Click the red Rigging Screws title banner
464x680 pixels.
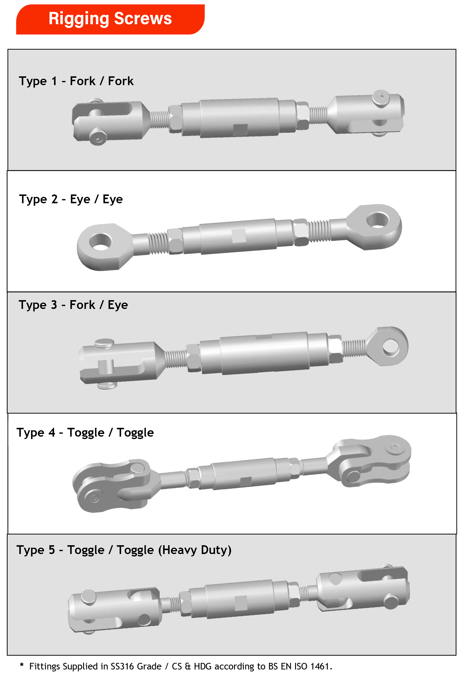pyautogui.click(x=110, y=19)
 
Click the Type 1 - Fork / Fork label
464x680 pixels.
pyautogui.click(x=76, y=81)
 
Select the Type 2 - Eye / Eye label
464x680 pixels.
pyautogui.click(x=71, y=199)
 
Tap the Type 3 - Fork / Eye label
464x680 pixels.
pyautogui.click(x=73, y=305)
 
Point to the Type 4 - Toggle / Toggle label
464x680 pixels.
pyautogui.click(x=85, y=432)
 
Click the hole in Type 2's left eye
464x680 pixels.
pyautogui.click(x=100, y=242)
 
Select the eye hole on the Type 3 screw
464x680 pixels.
pyautogui.click(x=391, y=347)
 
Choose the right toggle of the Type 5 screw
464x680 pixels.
pyautogui.click(x=363, y=588)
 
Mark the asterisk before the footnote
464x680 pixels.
pyautogui.click(x=22, y=665)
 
